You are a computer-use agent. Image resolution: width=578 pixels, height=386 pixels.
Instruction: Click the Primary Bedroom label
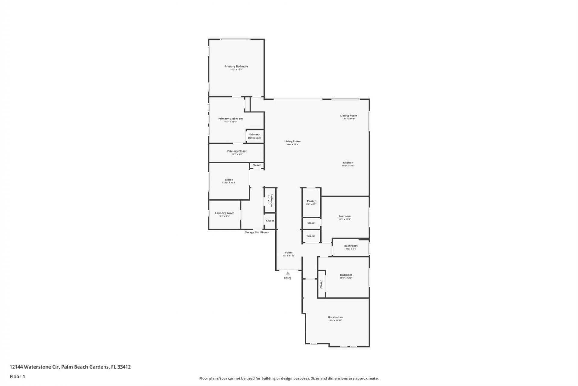tap(236, 66)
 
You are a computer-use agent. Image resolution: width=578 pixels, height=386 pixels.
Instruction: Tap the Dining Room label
tap(349, 115)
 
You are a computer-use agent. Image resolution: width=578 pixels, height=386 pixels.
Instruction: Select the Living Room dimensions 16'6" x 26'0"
tap(292, 144)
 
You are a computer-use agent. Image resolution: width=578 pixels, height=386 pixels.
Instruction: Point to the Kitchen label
tap(348, 163)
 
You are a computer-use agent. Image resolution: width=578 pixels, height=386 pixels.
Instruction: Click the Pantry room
tap(311, 202)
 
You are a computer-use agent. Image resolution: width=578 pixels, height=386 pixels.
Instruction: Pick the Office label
tap(229, 179)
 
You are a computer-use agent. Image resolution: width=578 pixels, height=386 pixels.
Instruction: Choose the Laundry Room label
tap(224, 213)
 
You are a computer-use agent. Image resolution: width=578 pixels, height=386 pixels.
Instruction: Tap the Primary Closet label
tap(237, 151)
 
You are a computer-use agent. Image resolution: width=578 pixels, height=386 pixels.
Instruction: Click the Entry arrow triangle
tap(288, 273)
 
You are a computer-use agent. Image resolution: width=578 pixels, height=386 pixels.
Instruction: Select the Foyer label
tap(289, 252)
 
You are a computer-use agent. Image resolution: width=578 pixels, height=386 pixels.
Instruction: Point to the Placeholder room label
tap(335, 317)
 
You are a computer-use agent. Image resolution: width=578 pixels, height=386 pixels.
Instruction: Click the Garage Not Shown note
tap(257, 232)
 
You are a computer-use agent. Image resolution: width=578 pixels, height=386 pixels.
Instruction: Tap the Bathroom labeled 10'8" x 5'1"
tap(351, 247)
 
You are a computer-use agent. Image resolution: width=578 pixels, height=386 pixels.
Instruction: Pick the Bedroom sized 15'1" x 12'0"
tap(346, 276)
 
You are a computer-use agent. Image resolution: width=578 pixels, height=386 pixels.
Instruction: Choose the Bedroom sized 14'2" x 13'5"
tap(344, 217)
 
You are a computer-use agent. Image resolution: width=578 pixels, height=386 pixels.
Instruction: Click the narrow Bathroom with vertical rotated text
tap(270, 200)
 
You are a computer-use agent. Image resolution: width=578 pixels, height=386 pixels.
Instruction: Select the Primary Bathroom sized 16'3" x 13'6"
tap(230, 120)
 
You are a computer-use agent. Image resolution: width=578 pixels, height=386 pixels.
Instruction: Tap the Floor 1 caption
tap(17, 376)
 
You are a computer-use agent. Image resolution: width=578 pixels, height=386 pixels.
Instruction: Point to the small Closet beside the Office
tap(256, 165)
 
